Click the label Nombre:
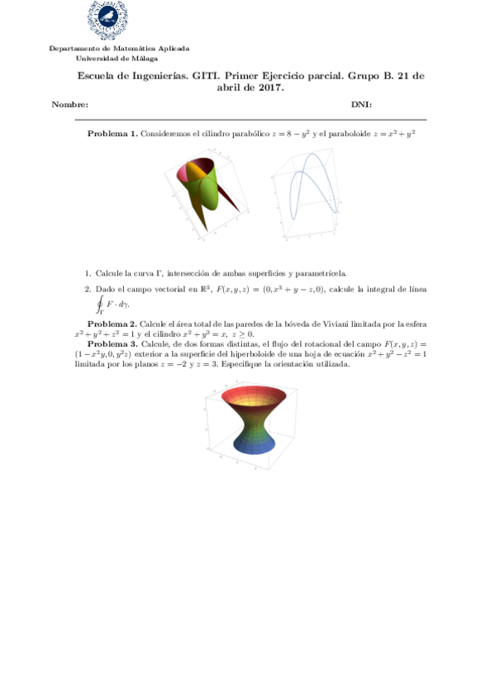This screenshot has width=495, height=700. pos(70,105)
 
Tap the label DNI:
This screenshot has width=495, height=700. pos(361,105)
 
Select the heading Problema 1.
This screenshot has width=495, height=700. pos(112,134)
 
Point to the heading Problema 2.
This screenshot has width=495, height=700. pos(112,324)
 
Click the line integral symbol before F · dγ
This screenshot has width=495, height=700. pos(100,304)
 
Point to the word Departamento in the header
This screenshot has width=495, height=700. pos(73,49)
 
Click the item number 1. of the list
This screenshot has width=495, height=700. pos(88,272)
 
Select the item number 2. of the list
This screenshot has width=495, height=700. pos(88,289)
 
